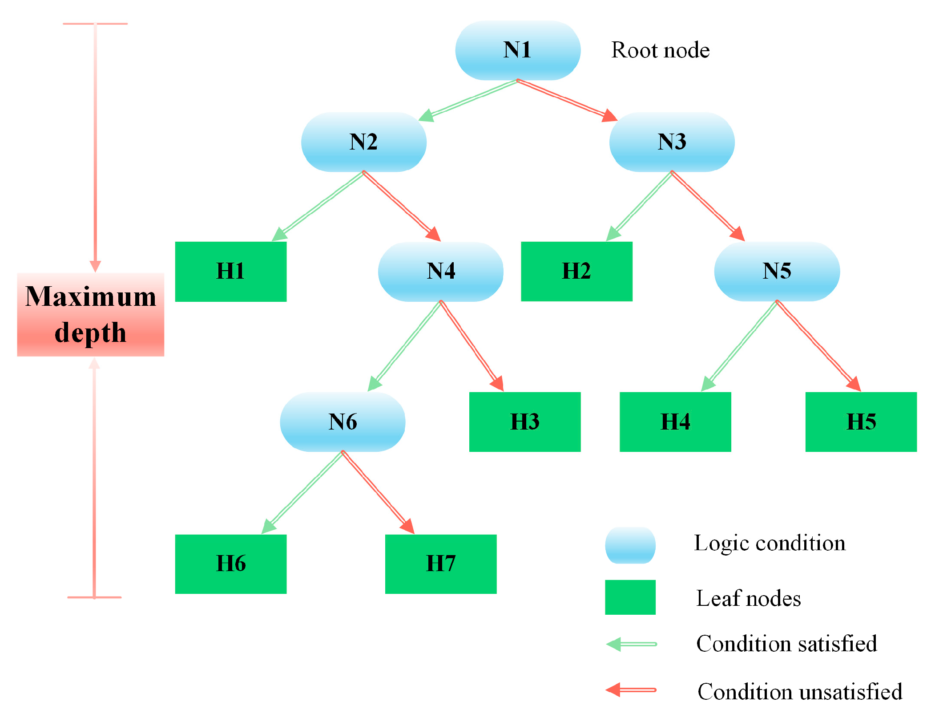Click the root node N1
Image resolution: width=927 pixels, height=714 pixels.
click(x=517, y=50)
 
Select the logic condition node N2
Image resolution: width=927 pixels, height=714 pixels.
click(x=363, y=142)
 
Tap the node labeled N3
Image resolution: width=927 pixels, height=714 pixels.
click(x=672, y=142)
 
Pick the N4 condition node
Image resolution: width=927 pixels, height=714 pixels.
click(x=440, y=271)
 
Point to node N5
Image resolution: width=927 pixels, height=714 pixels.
click(x=777, y=271)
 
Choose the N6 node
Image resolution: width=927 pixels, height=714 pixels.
click(x=343, y=422)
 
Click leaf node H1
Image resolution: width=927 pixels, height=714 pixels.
click(x=230, y=272)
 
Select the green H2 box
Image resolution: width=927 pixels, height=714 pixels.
click(x=576, y=272)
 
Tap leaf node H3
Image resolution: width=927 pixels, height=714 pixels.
click(x=525, y=422)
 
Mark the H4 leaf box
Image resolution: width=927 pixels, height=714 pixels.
click(x=675, y=422)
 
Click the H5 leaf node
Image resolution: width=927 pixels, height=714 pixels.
click(x=861, y=422)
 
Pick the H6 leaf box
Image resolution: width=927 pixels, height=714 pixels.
click(x=230, y=564)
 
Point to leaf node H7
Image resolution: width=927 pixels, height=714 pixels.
click(x=440, y=564)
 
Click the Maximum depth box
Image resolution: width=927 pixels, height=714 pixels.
click(x=91, y=314)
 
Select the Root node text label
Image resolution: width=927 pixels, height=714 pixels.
click(x=660, y=50)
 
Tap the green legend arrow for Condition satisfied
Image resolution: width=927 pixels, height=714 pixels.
click(x=632, y=644)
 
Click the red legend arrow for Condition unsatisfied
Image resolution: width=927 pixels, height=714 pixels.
click(x=632, y=690)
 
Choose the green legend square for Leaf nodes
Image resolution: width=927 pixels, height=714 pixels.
click(x=630, y=597)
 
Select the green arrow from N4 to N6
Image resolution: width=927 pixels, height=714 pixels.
click(x=405, y=345)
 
